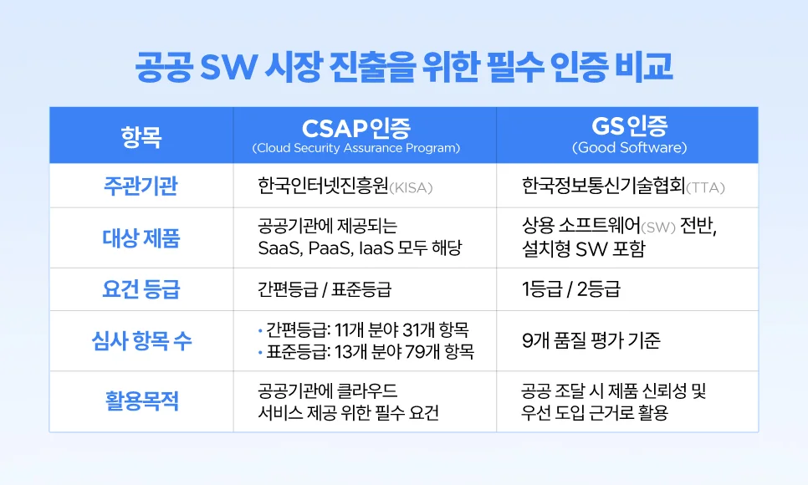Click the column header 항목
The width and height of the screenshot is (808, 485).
tap(141, 136)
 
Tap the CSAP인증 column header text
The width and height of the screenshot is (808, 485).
tap(356, 128)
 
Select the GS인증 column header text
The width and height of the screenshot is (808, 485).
tap(629, 126)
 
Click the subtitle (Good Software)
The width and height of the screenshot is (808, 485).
tap(629, 147)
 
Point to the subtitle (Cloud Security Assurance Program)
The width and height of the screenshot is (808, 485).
tap(356, 148)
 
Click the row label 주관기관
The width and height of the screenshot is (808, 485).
tap(141, 186)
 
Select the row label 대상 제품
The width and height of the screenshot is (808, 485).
tap(141, 238)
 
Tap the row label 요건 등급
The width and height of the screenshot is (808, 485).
tap(141, 289)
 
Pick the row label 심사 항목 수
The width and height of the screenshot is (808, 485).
tap(141, 340)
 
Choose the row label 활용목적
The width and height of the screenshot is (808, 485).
tap(141, 401)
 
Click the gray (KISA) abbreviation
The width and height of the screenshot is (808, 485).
tap(411, 187)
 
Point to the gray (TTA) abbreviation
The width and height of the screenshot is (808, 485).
tap(705, 187)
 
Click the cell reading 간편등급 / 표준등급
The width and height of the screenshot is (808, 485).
tap(325, 289)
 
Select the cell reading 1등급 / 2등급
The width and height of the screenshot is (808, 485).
tap(571, 289)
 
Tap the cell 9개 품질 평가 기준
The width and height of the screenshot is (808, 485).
tap(591, 340)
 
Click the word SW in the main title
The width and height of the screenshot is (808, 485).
tap(228, 67)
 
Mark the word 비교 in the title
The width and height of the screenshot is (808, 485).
tap(643, 67)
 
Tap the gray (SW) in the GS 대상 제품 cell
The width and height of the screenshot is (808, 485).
tap(658, 227)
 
